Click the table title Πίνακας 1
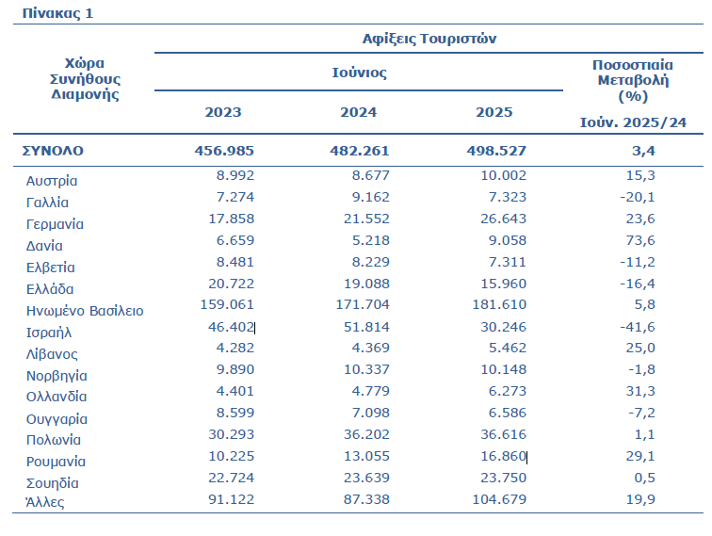[x=57, y=13]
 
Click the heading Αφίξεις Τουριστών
[x=429, y=39]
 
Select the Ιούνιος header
[x=359, y=73]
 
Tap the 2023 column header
[x=223, y=112]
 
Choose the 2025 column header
[x=494, y=112]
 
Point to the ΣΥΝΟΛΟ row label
[x=53, y=151]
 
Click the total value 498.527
[x=496, y=151]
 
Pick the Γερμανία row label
[x=55, y=224]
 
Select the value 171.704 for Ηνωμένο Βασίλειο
[x=363, y=304]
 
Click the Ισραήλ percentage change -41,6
[x=638, y=327]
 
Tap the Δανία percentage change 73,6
[x=640, y=240]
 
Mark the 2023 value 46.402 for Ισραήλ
[x=231, y=327]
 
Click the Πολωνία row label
[x=54, y=440]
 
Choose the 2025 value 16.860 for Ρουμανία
[x=504, y=456]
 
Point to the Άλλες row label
[x=45, y=502]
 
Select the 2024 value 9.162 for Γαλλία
[x=370, y=197]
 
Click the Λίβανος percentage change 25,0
[x=640, y=348]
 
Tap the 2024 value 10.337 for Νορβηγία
[x=366, y=369]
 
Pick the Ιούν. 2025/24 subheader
[x=633, y=122]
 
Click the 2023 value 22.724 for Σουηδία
[x=231, y=478]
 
